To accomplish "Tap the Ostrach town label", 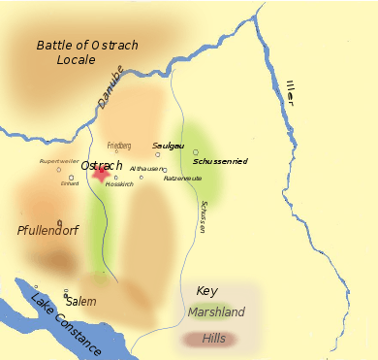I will pos(102,165).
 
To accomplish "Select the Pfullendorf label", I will pos(47,231).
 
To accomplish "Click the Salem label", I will pos(81,302).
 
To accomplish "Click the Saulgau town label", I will pos(169,146).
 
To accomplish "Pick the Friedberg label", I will pos(118,145).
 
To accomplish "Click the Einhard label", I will pos(69,182).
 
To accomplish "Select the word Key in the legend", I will pos(207,291).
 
